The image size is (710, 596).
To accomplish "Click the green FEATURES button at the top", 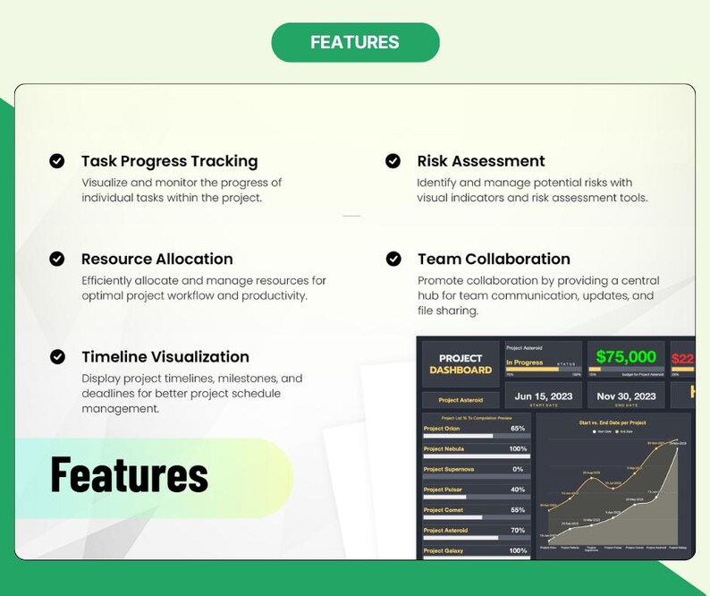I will (355, 42).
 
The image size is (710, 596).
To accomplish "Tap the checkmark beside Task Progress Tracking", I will (56, 161).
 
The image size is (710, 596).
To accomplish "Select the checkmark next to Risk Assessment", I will (393, 161).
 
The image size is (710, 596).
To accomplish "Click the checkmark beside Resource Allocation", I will (56, 259).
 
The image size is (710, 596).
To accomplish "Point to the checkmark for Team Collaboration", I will (393, 259).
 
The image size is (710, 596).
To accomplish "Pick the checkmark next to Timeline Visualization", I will (56, 356).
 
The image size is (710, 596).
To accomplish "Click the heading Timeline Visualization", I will (165, 356).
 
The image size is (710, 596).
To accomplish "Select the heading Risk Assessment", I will (481, 161).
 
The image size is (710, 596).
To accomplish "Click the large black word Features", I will (129, 475).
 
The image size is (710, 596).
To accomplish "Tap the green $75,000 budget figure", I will (626, 357).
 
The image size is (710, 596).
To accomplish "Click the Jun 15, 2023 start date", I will (543, 396).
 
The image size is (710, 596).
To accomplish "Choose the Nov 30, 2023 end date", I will (626, 396).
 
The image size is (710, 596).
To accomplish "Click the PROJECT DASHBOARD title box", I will (461, 364).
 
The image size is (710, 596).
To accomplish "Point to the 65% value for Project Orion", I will (518, 429).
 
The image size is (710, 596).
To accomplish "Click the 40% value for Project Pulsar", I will (518, 490).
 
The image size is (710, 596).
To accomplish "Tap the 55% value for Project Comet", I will (518, 510).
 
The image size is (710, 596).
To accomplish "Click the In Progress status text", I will (525, 362).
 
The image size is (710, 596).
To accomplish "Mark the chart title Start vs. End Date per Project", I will (613, 422).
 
